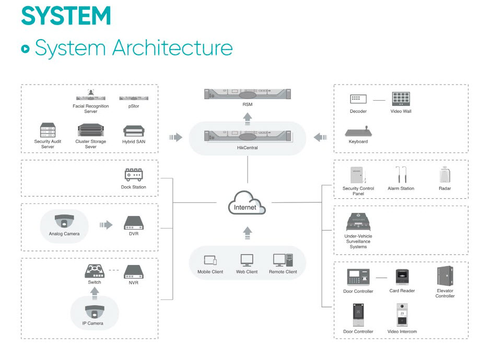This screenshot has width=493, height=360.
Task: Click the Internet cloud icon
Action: pyautogui.click(x=246, y=204)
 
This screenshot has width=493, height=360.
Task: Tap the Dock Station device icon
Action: pyautogui.click(x=134, y=174)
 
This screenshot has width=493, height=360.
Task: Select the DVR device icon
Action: pyautogui.click(x=133, y=223)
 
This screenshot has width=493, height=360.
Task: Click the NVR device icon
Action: pyautogui.click(x=133, y=272)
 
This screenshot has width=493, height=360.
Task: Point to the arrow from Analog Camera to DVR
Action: pyautogui.click(x=105, y=225)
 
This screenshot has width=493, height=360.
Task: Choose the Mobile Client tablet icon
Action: pyautogui.click(x=210, y=260)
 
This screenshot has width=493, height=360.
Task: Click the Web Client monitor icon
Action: pyautogui.click(x=246, y=260)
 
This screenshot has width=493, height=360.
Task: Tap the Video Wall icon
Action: pyautogui.click(x=401, y=99)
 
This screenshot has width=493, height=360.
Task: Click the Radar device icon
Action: pyautogui.click(x=445, y=175)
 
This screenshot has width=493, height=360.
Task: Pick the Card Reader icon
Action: pyautogui.click(x=402, y=277)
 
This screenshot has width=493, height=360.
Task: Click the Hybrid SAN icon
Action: pyautogui.click(x=133, y=131)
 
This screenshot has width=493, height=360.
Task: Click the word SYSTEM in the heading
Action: pyautogui.click(x=66, y=15)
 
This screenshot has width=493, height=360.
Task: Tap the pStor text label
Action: pyautogui.click(x=133, y=106)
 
